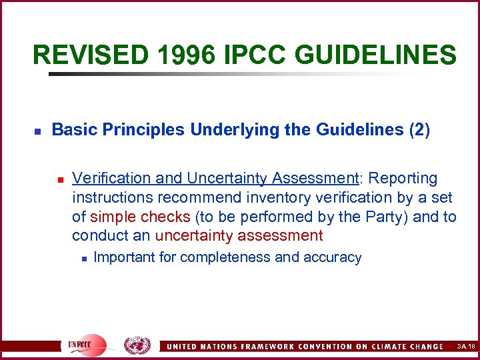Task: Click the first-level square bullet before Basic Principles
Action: pos(38,131)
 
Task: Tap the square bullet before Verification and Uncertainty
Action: pos(59,179)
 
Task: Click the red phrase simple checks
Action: pos(140,217)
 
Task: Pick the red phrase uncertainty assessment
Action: pos(239,235)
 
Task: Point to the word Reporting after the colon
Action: pos(403,179)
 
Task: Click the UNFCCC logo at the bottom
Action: pos(85,345)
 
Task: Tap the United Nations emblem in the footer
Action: pos(137,345)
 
